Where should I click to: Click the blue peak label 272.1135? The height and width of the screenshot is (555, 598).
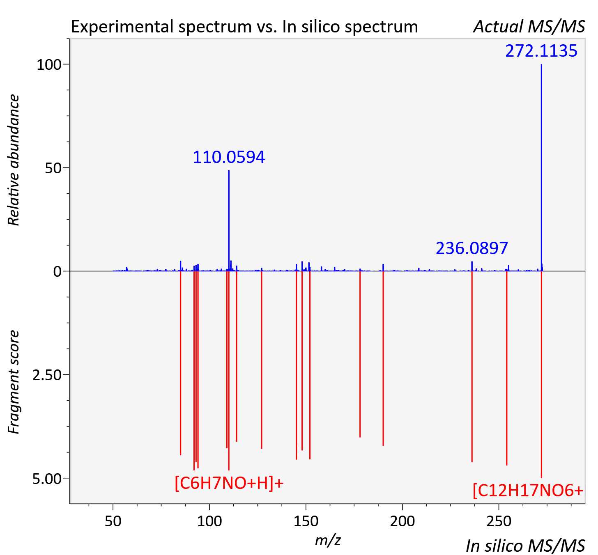click(x=541, y=51)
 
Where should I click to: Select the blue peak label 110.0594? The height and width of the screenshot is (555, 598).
click(x=229, y=157)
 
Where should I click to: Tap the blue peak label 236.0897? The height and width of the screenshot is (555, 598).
click(x=472, y=248)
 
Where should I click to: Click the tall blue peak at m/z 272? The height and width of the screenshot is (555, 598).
click(x=541, y=167)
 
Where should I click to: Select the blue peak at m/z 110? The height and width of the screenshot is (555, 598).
click(x=229, y=220)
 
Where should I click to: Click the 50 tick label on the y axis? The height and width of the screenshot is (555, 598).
click(x=53, y=168)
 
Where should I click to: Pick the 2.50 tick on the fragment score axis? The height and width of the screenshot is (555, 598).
click(x=47, y=375)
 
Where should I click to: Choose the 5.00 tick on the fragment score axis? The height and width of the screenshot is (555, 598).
click(x=47, y=479)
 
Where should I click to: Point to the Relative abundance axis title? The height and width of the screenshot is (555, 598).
click(x=14, y=160)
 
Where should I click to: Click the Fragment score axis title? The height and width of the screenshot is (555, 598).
click(x=14, y=382)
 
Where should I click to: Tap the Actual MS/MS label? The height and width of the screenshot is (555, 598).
click(x=529, y=27)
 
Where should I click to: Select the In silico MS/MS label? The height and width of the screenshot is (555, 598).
click(x=525, y=546)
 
